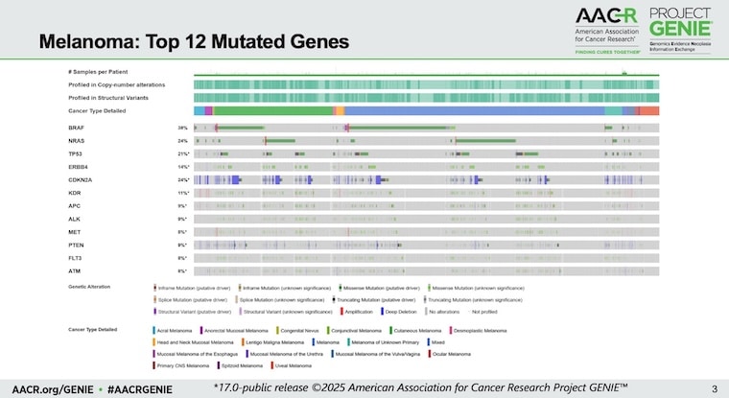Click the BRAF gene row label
[76, 128]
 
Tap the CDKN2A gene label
[79, 180]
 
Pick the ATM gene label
[74, 271]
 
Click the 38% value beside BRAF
[182, 128]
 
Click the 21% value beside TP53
[182, 153]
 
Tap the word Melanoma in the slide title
[81, 43]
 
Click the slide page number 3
[714, 388]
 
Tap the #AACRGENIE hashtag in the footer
[140, 388]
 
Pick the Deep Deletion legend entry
[404, 311]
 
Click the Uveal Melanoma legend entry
[292, 365]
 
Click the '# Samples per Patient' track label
[98, 72]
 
